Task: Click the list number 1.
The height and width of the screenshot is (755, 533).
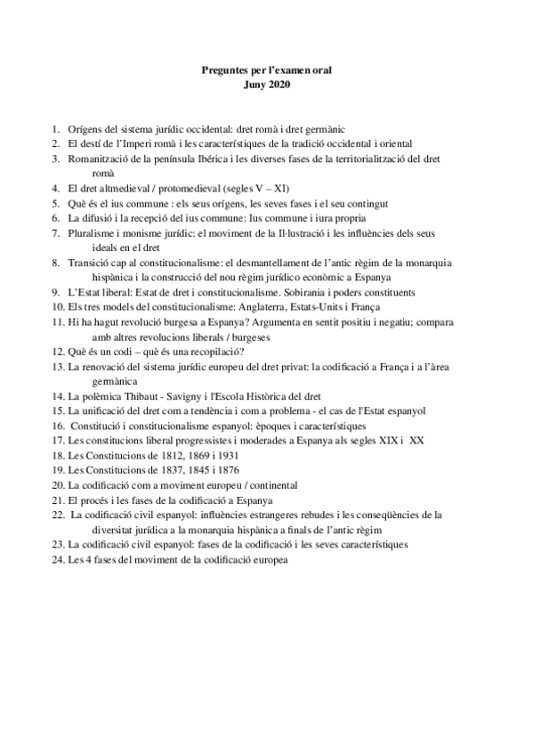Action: pos(55,129)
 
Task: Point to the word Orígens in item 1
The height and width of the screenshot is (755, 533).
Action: pos(85,129)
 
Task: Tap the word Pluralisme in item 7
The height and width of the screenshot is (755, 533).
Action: pos(93,233)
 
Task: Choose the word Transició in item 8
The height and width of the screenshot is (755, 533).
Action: pos(90,263)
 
